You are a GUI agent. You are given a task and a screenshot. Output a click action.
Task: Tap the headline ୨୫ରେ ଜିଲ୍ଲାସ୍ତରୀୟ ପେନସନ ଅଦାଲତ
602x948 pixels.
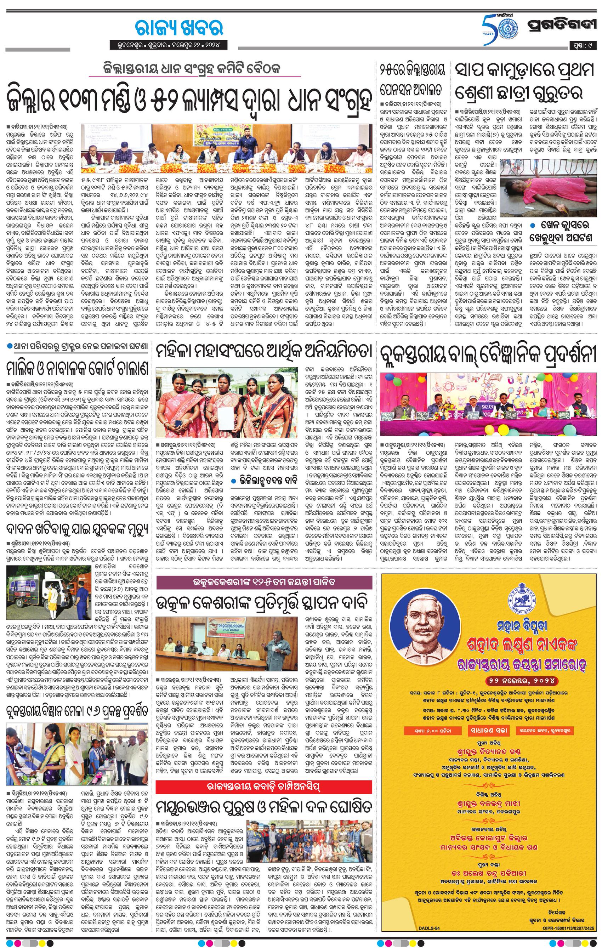(412, 81)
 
